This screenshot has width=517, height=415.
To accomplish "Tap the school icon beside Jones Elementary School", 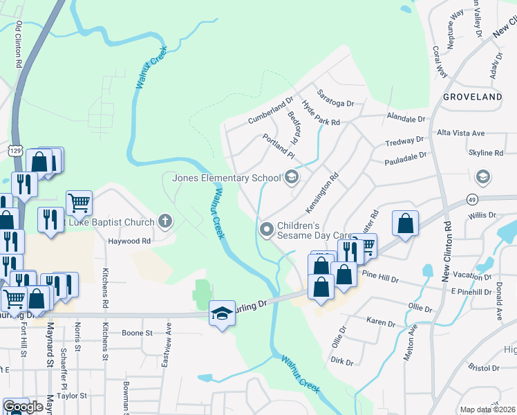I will [292, 178].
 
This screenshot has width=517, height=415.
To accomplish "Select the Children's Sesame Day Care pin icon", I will [266, 229].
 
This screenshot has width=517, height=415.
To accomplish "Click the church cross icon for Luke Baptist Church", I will [164, 221].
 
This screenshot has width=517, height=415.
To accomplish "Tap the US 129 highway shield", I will [17, 150].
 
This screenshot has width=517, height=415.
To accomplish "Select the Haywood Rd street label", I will [129, 241].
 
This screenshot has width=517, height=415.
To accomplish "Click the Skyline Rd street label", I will [485, 153].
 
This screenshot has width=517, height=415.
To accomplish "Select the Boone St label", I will [137, 333].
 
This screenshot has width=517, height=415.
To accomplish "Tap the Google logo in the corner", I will [23, 407].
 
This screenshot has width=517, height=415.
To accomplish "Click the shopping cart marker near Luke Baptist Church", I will [79, 203].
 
